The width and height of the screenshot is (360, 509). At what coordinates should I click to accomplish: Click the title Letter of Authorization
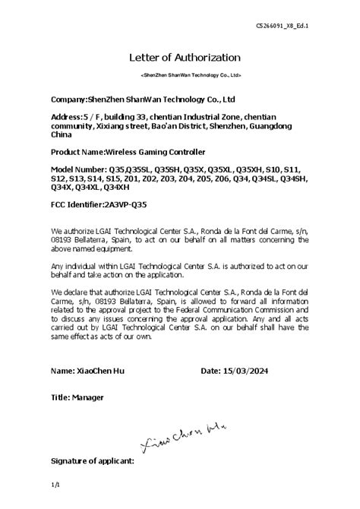[185, 58]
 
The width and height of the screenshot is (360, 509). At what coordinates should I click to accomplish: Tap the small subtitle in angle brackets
[191, 76]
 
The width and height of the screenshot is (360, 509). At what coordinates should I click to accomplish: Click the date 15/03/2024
[245, 371]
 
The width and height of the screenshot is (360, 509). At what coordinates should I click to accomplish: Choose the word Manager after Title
[89, 397]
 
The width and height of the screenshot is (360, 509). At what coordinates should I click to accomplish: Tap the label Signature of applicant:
[92, 460]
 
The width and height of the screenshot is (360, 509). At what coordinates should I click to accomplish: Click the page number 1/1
[55, 484]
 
